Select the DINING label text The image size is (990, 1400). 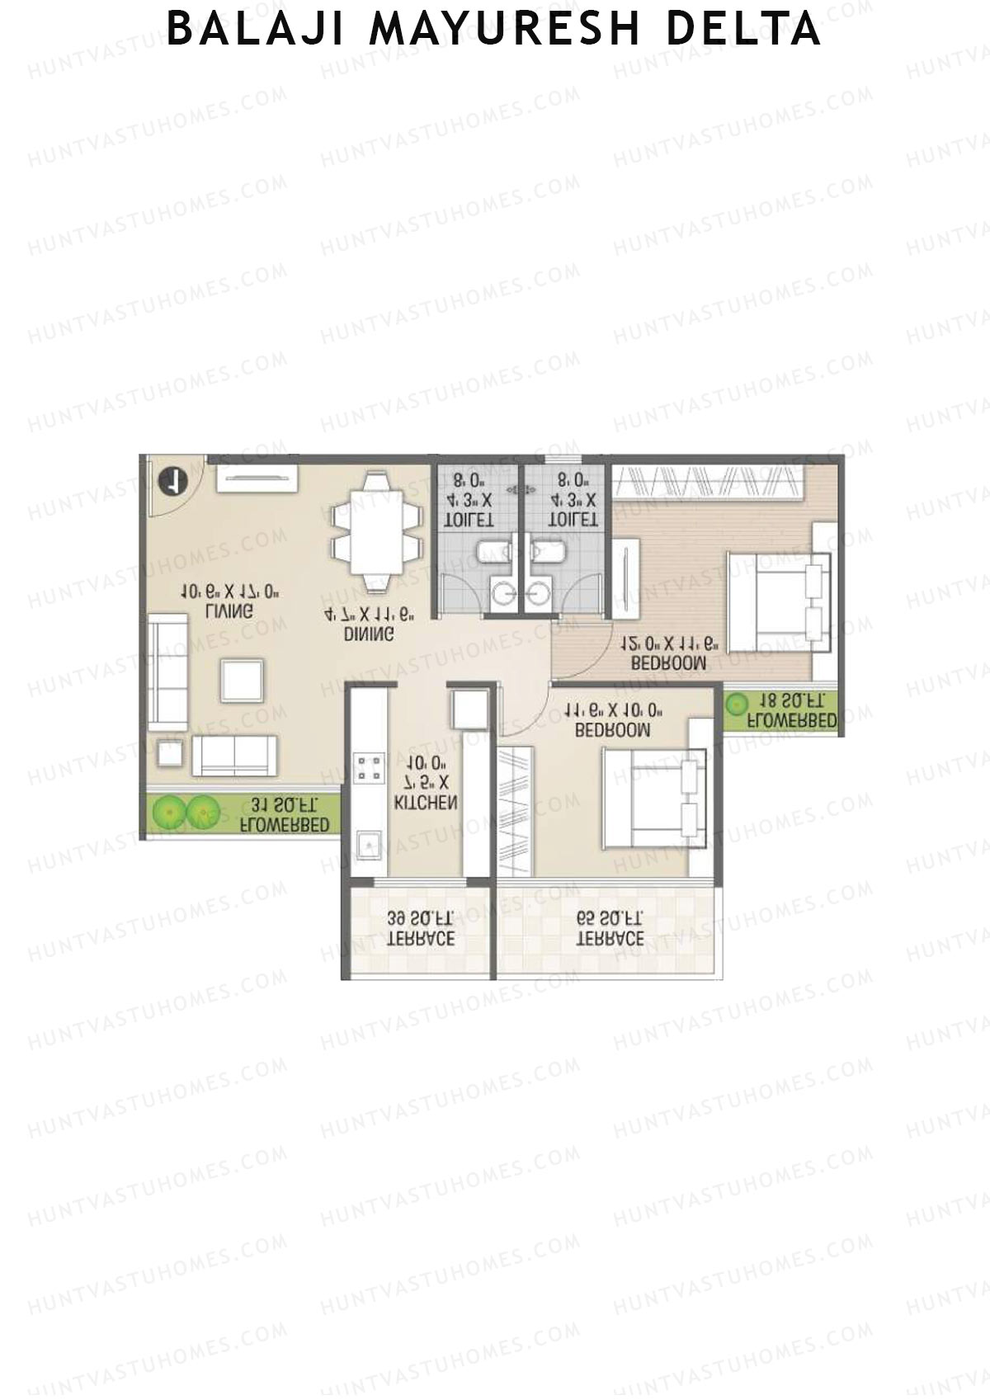click(x=369, y=634)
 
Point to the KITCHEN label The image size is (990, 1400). click(x=426, y=802)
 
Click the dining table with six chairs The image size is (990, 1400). click(x=375, y=532)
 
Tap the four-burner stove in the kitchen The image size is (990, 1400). click(x=369, y=768)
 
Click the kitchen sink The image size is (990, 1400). click(x=367, y=845)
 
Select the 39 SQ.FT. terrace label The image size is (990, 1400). click(x=421, y=929)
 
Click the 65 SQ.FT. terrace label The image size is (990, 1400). click(x=610, y=929)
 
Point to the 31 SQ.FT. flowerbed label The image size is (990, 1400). click(x=285, y=814)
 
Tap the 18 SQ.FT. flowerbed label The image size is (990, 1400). click(x=790, y=710)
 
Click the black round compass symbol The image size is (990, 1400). click(x=174, y=482)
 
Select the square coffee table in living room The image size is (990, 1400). click(x=242, y=680)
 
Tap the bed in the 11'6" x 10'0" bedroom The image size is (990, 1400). click(x=654, y=798)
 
